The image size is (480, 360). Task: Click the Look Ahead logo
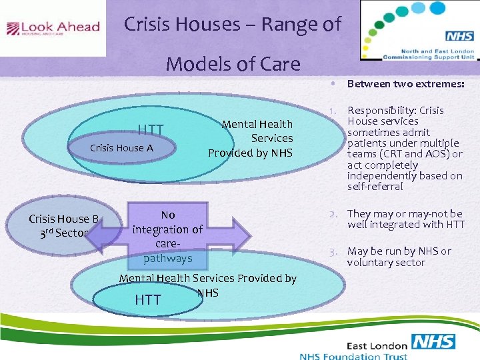pyautogui.click(x=53, y=28)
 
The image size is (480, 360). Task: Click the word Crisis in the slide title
pyautogui.click(x=147, y=25)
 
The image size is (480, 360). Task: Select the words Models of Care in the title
pyautogui.click(x=233, y=64)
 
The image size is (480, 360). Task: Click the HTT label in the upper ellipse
pyautogui.click(x=151, y=129)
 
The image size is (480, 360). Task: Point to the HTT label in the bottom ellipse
pyautogui.click(x=148, y=300)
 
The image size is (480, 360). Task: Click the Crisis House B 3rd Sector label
pyautogui.click(x=63, y=225)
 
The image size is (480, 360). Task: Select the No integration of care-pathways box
pyautogui.click(x=168, y=236)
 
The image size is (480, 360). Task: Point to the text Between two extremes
pyautogui.click(x=405, y=84)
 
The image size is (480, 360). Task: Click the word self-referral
pyautogui.click(x=375, y=187)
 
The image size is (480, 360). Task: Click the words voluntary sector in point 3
pyautogui.click(x=385, y=262)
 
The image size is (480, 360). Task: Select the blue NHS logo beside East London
pyautogui.click(x=433, y=342)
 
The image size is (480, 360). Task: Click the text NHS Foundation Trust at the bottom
pyautogui.click(x=353, y=356)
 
